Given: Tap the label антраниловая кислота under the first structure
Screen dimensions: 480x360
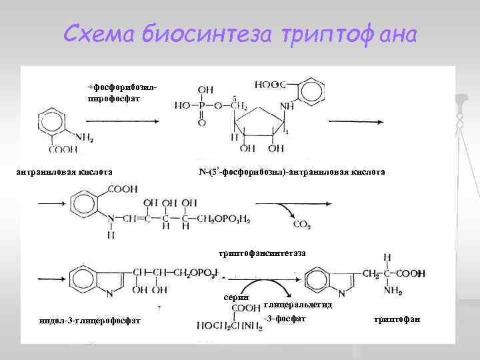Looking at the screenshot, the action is pos(63,172).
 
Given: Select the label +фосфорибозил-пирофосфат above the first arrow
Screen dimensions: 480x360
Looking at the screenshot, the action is pos(123,93).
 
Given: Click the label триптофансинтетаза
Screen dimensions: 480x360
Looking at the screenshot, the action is pos(263,253).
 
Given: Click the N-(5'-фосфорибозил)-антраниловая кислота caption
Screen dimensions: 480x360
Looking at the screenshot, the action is pos(291,172).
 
